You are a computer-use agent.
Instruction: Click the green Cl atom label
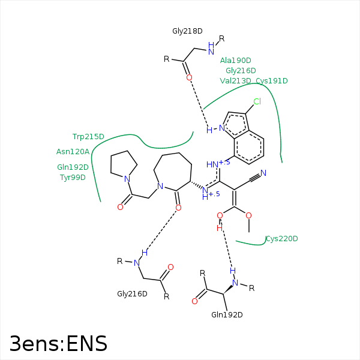pyautogui.click(x=257, y=101)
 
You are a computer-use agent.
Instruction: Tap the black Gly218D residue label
pyautogui.click(x=187, y=31)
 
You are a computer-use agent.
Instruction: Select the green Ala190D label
pyautogui.click(x=236, y=61)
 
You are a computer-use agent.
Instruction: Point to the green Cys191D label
pyautogui.click(x=272, y=81)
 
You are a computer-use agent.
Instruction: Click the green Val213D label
pyautogui.click(x=236, y=81)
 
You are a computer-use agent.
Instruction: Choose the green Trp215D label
pyautogui.click(x=88, y=137)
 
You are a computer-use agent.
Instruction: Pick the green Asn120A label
pyautogui.click(x=73, y=152)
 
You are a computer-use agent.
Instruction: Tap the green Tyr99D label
pyautogui.click(x=73, y=178)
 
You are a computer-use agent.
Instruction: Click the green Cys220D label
pyautogui.click(x=282, y=239)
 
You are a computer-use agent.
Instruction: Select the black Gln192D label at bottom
pyautogui.click(x=227, y=315)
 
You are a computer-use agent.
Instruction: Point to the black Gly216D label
pyautogui.click(x=132, y=294)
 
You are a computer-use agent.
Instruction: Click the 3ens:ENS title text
pyautogui.click(x=59, y=343)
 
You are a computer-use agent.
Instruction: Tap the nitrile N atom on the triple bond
pyautogui.click(x=263, y=173)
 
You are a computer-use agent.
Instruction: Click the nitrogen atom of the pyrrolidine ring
pyautogui.click(x=127, y=179)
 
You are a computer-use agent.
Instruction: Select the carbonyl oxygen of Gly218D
pyautogui.click(x=189, y=77)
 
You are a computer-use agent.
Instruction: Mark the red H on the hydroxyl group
pyautogui.click(x=220, y=228)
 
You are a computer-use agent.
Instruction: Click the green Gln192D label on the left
pyautogui.click(x=73, y=167)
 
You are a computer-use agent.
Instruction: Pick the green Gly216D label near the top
pyautogui.click(x=241, y=70)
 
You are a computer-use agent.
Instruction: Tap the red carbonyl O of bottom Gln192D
pyautogui.click(x=194, y=301)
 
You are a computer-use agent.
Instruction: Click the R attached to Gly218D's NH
pyautogui.click(x=221, y=38)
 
